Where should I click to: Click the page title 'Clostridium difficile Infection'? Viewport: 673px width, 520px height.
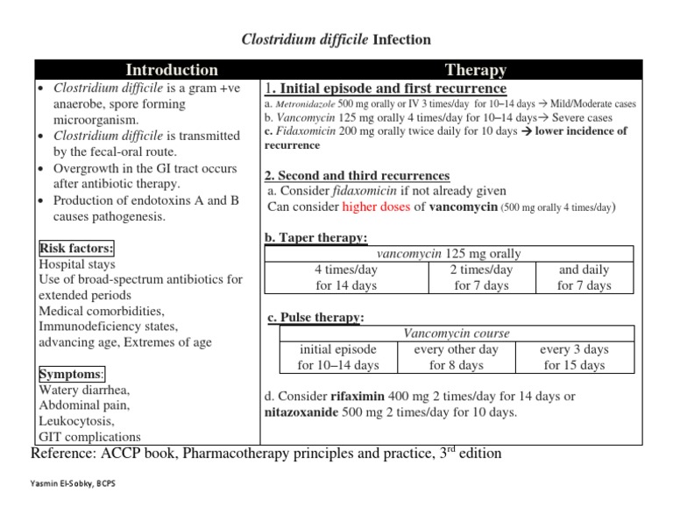tap(336, 39)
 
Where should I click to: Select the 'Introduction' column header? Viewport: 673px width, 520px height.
tap(172, 70)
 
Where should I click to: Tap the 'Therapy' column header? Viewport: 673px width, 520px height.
tap(475, 70)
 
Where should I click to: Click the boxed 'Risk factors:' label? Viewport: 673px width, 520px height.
tap(76, 248)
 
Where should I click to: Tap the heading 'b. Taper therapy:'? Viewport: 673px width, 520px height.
tap(315, 237)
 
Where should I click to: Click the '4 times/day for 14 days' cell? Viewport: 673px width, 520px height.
tap(346, 278)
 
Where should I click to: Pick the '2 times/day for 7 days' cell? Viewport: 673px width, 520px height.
tap(480, 278)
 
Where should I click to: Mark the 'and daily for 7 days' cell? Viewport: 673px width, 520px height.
tap(584, 278)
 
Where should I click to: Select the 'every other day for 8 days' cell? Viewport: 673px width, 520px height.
tap(456, 357)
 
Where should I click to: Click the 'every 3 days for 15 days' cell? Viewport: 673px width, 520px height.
tap(574, 357)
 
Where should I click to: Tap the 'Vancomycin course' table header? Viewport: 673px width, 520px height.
tap(456, 334)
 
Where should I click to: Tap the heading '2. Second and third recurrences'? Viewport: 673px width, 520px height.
tap(357, 176)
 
